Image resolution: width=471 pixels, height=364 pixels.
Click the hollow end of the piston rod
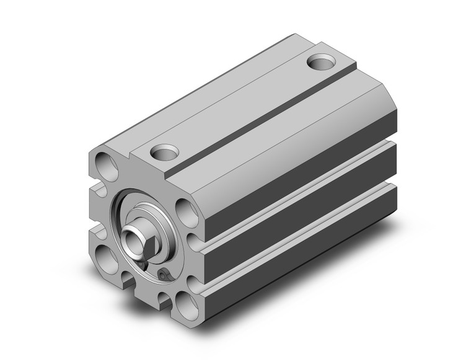click(131, 237)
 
